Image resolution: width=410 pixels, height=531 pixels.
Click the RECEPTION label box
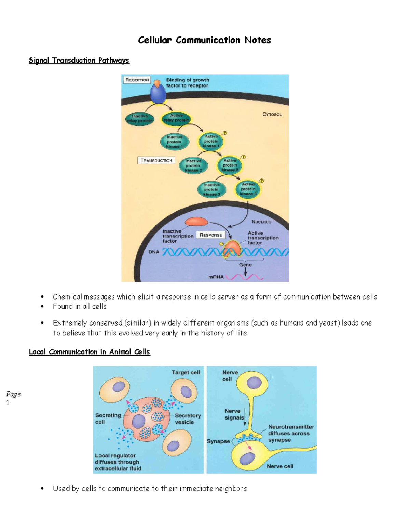click(137, 80)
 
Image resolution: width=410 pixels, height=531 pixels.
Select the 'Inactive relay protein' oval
click(139, 118)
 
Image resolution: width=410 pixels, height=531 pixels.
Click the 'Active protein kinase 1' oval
click(211, 141)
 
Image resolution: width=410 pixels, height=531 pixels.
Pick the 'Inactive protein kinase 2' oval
click(193, 165)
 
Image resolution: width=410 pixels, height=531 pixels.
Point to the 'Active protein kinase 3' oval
click(248, 189)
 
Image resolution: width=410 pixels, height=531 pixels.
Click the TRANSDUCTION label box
click(156, 160)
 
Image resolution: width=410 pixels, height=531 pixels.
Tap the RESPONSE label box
click(210, 235)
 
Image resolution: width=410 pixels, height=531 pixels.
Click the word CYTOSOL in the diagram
click(272, 114)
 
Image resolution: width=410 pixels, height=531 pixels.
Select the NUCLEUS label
click(261, 222)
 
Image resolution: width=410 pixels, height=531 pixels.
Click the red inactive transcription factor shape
click(196, 222)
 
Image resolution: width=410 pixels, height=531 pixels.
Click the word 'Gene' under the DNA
click(245, 265)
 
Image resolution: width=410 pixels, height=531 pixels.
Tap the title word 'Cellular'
click(155, 40)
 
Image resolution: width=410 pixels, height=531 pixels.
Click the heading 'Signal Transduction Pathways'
click(79, 61)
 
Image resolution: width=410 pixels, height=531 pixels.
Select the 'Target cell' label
click(186, 372)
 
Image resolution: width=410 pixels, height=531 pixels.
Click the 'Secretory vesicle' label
click(188, 419)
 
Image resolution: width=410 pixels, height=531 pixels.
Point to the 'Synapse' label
click(218, 441)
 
